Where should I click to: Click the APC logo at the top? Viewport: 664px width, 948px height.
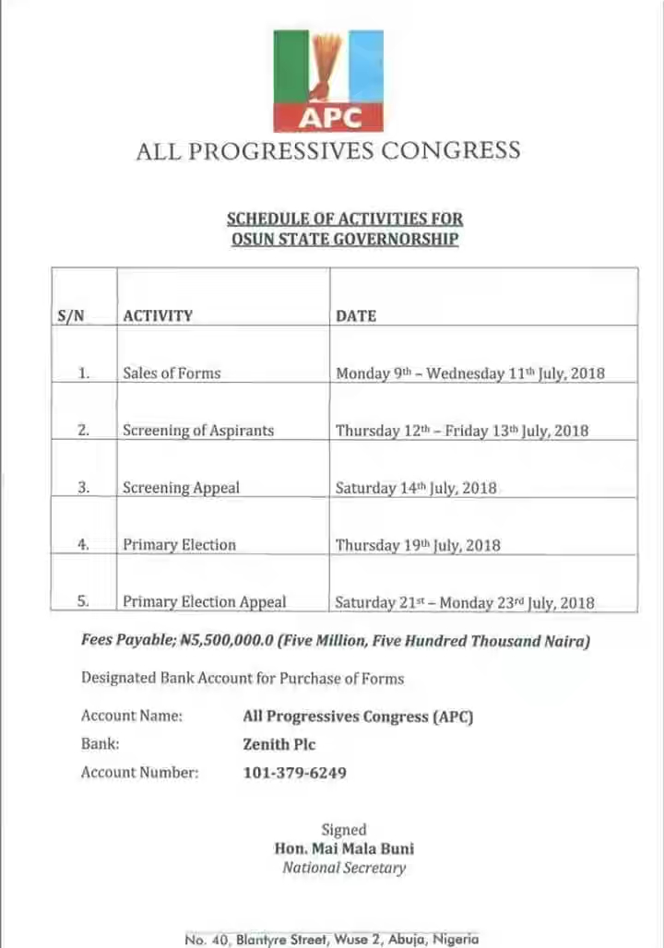click(x=328, y=81)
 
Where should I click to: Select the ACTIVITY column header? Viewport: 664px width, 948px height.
click(x=158, y=315)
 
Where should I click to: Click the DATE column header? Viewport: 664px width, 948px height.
click(x=356, y=315)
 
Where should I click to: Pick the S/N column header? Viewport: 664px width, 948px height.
click(x=71, y=315)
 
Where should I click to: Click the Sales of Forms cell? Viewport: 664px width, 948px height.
click(x=172, y=373)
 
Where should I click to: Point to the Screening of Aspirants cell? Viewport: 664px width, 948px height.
click(x=198, y=431)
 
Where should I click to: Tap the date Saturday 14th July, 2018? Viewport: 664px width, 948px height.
click(x=416, y=488)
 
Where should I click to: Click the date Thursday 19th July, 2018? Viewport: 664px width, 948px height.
click(x=418, y=545)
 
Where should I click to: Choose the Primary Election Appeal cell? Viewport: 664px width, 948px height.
click(x=205, y=602)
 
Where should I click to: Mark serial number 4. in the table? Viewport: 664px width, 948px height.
click(x=83, y=545)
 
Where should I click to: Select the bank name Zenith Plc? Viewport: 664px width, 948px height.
click(x=279, y=744)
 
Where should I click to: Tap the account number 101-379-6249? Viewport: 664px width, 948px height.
click(x=295, y=773)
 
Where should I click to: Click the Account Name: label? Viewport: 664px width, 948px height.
click(x=132, y=716)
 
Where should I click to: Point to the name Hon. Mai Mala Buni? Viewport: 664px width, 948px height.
click(x=344, y=848)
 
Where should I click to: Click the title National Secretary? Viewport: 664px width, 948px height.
click(x=344, y=868)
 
